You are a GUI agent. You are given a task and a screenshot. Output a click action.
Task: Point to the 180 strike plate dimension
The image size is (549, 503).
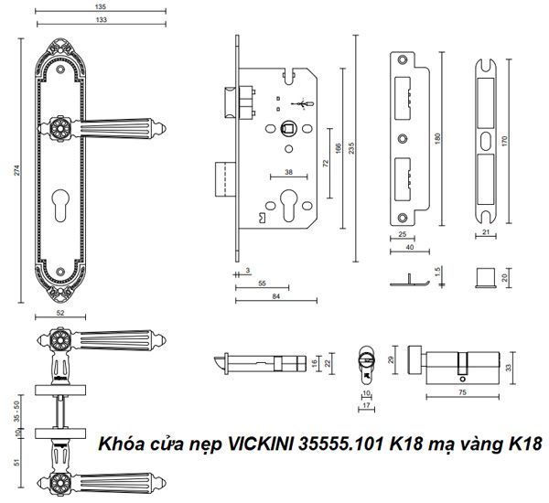440,139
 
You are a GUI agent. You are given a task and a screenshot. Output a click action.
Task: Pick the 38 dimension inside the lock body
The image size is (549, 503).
289,172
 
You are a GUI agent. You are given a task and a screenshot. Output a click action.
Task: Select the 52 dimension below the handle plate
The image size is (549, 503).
60,313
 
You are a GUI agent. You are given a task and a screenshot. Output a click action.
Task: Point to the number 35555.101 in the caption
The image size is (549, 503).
344,445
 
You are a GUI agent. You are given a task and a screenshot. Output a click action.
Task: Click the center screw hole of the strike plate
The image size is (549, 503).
403,139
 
